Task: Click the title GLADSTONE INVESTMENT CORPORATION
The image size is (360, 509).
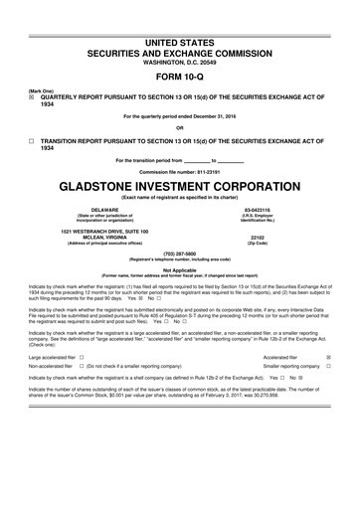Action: [179, 185]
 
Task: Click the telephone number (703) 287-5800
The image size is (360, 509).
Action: [179, 253]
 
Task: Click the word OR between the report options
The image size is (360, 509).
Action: [179, 127]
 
